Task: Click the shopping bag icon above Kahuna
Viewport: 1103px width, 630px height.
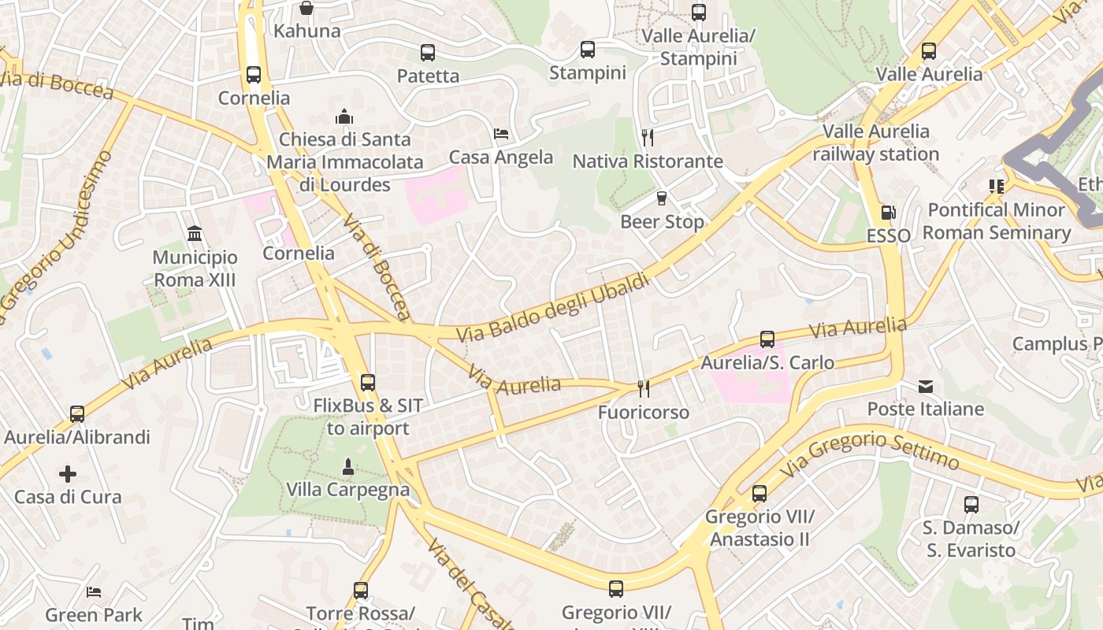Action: (x=306, y=9)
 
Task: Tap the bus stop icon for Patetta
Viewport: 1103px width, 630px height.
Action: (x=428, y=53)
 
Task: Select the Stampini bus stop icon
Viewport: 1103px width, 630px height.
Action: (x=588, y=50)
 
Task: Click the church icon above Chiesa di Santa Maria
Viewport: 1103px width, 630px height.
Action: (x=344, y=117)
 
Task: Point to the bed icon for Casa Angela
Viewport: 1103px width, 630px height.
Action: (x=501, y=134)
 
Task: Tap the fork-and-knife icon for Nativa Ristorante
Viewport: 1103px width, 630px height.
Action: (x=648, y=138)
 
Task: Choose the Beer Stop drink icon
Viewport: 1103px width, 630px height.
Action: (x=662, y=198)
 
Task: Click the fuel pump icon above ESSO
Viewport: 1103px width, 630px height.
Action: (x=888, y=213)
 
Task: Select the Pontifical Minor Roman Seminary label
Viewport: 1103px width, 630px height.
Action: (x=997, y=221)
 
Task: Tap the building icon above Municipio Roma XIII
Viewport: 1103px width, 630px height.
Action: (x=195, y=234)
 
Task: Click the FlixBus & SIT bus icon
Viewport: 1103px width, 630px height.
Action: (x=368, y=383)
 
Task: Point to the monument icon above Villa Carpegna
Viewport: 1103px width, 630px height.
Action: (x=348, y=467)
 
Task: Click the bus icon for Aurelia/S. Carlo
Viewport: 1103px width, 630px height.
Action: (x=767, y=339)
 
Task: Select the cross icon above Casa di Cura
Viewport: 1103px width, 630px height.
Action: (x=68, y=474)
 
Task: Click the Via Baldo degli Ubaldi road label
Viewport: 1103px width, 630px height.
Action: (x=553, y=308)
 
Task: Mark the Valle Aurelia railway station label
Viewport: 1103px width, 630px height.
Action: (x=876, y=143)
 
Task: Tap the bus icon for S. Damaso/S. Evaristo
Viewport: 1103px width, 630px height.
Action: (x=971, y=505)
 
